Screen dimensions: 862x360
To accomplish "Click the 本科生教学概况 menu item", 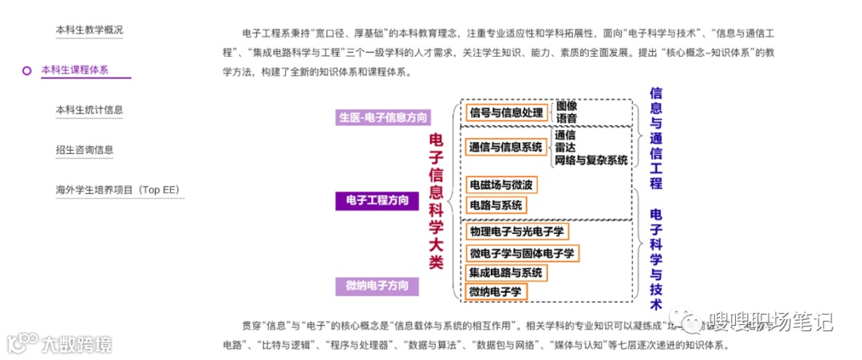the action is (x=89, y=30).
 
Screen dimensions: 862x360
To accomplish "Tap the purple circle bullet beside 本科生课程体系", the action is (x=26, y=70).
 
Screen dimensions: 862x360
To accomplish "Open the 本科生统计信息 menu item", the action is (x=89, y=110).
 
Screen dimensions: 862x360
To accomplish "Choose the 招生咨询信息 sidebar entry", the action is (x=85, y=150).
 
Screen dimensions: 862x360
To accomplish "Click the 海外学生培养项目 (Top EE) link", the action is (x=118, y=190).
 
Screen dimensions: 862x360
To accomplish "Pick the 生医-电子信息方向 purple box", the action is (x=383, y=117).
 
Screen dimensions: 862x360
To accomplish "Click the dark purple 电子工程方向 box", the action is (x=377, y=200).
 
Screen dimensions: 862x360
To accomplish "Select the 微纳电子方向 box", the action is (x=377, y=286).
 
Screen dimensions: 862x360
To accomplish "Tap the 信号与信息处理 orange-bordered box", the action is (x=506, y=113).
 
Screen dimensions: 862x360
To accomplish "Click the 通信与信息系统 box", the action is (x=506, y=147).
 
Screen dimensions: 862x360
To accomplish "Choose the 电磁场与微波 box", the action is (x=501, y=185).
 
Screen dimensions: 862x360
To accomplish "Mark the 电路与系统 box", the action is (x=496, y=205).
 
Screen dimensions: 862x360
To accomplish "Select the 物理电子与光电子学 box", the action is (x=517, y=232).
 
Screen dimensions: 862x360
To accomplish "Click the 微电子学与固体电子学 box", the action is (x=522, y=253).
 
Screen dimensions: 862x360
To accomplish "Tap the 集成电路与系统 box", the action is (x=506, y=273).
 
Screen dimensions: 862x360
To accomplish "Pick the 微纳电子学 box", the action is (x=496, y=292).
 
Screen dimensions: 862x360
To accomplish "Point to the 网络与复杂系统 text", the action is (x=591, y=160).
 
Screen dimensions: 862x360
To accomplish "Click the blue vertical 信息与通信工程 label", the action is (x=656, y=137).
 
